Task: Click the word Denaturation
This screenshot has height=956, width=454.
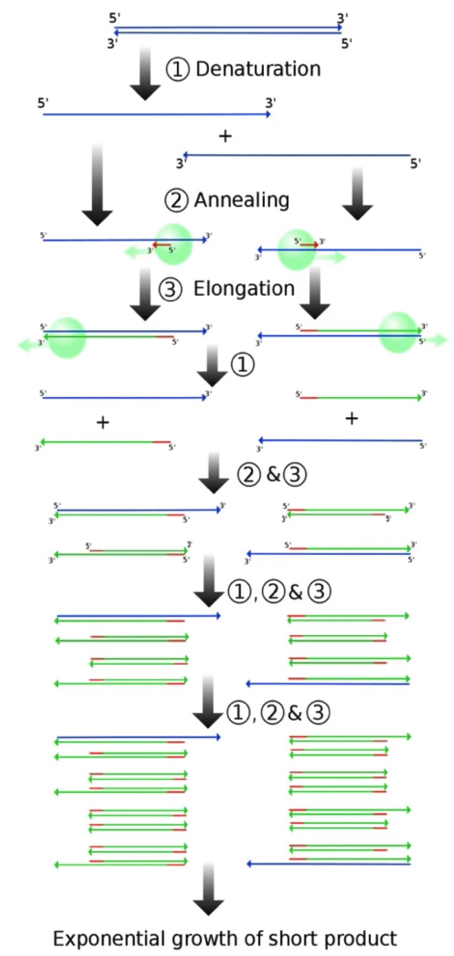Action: click(x=259, y=69)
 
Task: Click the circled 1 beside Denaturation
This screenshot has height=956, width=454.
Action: click(x=178, y=70)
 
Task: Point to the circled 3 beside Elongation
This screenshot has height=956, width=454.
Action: click(x=170, y=290)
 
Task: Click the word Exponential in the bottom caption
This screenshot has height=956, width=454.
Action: click(x=104, y=938)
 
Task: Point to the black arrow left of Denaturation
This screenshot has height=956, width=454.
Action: click(x=145, y=74)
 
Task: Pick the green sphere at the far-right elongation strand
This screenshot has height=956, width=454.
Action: click(x=398, y=332)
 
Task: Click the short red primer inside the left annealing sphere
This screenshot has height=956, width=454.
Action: click(x=162, y=244)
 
